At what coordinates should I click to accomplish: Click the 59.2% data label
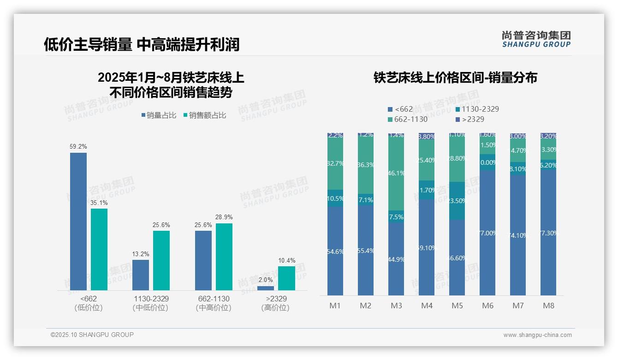[78, 146]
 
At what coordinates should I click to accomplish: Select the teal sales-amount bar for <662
[99, 249]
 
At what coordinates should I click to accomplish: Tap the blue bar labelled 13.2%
[141, 275]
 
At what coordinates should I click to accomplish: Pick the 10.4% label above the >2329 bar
[286, 261]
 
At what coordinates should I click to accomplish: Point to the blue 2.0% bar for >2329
[265, 288]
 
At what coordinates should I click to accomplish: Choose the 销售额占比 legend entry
[205, 115]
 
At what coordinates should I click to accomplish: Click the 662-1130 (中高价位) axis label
[213, 303]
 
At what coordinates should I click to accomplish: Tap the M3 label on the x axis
[396, 306]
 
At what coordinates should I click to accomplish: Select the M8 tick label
[548, 306]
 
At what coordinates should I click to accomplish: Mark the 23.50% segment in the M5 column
[457, 201]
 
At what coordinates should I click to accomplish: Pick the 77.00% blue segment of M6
[487, 233]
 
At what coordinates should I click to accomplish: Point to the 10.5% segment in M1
[335, 198]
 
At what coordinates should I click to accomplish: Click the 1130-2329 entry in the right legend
[477, 109]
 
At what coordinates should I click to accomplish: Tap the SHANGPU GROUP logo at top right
[536, 39]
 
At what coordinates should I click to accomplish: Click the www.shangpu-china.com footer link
[537, 335]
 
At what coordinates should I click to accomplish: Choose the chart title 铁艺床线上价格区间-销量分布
[455, 78]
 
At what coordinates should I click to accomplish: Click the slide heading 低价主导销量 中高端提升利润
[142, 45]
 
